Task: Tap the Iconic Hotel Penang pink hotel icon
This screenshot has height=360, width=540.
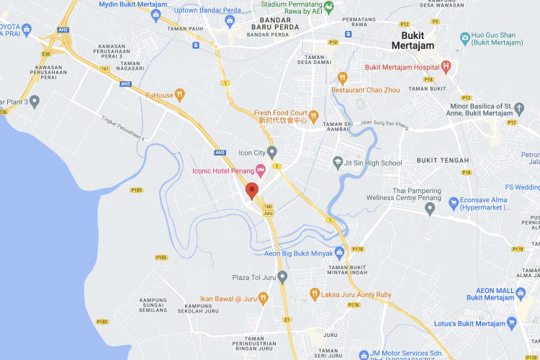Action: coord(261,171)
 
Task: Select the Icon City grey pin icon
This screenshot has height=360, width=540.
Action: coord(272,152)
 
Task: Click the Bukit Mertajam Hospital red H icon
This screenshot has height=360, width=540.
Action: coord(446,68)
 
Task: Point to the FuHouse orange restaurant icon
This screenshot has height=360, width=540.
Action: coord(180,94)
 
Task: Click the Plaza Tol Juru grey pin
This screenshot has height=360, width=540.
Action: coord(283,276)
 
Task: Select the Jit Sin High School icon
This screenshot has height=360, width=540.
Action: coord(338,163)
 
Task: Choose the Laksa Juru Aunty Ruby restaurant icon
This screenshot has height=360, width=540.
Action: coord(315,293)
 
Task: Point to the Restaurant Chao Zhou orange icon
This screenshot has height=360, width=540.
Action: coord(343,77)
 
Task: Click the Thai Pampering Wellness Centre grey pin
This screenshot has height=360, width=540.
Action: coord(430,209)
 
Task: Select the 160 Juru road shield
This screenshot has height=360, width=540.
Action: coord(268,210)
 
